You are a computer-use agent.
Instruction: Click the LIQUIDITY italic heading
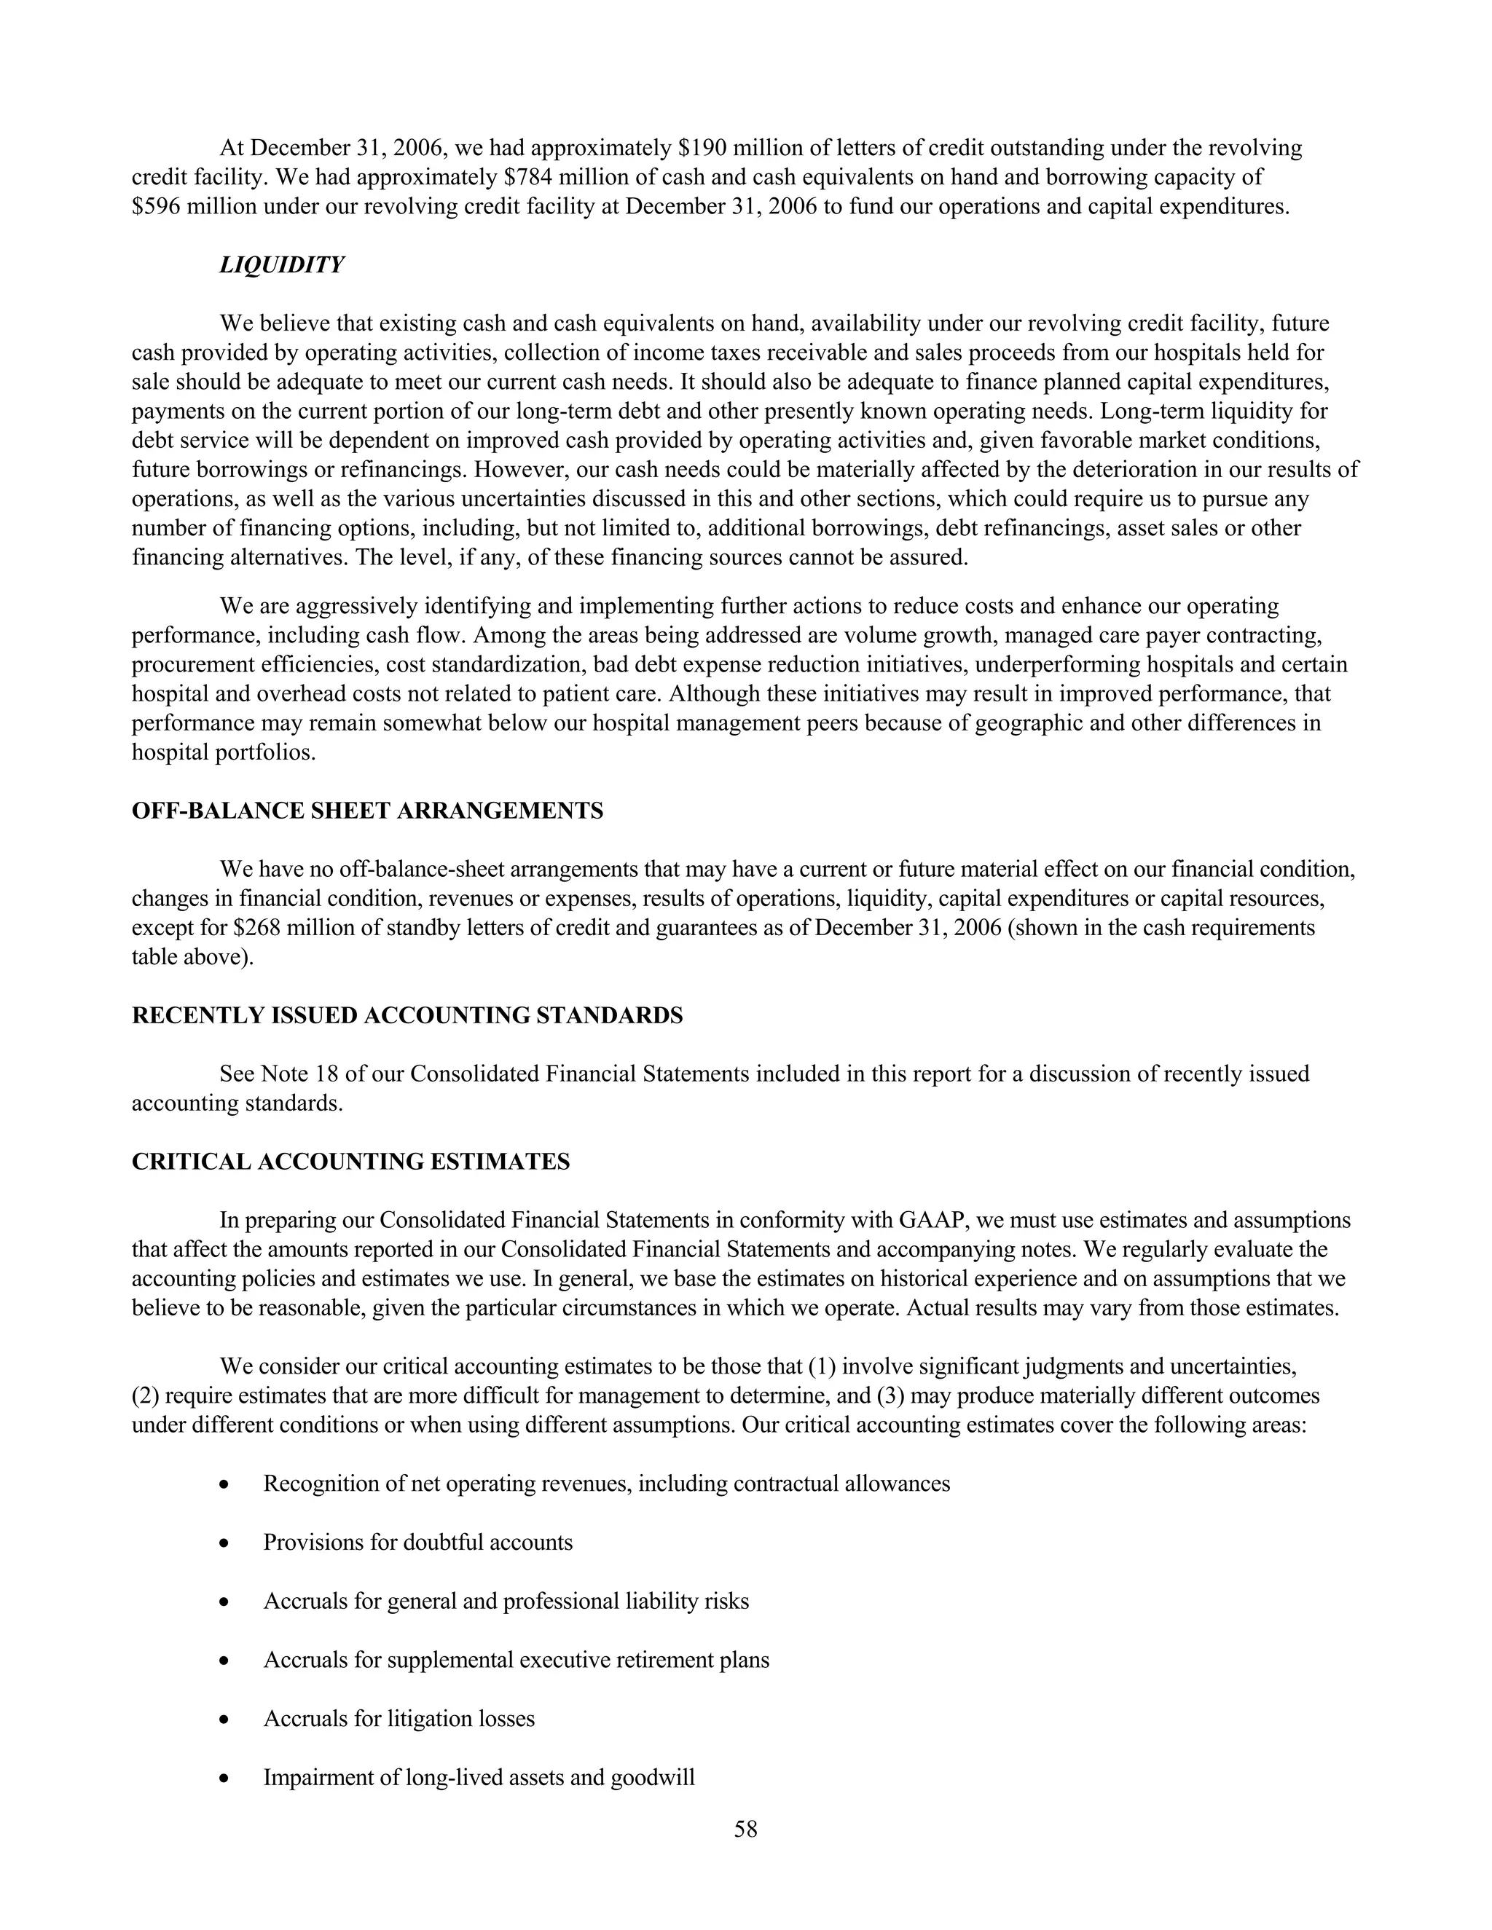pos(281,265)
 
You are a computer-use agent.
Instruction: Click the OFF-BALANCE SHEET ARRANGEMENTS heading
pos(367,811)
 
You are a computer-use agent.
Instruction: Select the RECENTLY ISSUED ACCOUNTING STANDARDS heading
pos(407,1015)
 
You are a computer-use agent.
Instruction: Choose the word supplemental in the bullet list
pos(450,1660)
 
